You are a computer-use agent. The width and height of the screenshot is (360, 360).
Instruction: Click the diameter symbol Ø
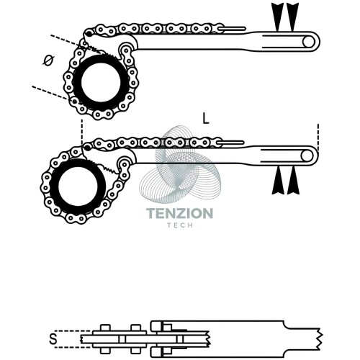tap(48, 60)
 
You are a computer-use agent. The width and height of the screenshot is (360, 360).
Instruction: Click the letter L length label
tap(206, 119)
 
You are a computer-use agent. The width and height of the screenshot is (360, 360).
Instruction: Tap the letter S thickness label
tap(53, 339)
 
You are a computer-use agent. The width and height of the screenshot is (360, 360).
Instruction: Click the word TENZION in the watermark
tap(179, 213)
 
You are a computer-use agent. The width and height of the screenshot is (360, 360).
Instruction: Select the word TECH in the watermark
tap(180, 225)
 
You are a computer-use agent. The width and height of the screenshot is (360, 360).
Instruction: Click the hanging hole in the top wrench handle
tap(308, 42)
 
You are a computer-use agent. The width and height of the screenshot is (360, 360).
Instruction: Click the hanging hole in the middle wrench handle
tap(307, 156)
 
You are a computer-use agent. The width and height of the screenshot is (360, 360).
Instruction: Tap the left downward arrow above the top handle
tap(277, 17)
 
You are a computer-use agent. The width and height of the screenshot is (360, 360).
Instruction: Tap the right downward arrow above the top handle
tap(292, 17)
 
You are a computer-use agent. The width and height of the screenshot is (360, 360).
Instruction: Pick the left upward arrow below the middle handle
tap(278, 181)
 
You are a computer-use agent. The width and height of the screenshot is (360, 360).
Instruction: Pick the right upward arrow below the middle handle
tap(293, 181)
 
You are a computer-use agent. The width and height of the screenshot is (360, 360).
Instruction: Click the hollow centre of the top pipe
tap(101, 82)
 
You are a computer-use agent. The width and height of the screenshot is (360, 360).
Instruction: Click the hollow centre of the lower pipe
tap(78, 186)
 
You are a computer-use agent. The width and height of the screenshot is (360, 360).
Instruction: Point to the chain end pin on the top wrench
tap(232, 29)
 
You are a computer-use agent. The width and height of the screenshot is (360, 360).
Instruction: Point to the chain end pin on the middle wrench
tap(230, 143)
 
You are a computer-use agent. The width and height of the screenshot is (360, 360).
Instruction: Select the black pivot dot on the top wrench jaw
tap(89, 34)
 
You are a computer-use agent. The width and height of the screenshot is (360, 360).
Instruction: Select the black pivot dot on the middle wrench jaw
tap(87, 148)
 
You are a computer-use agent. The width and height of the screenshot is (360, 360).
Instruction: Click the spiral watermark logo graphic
tap(179, 163)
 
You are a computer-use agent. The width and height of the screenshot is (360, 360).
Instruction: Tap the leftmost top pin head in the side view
tap(105, 328)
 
